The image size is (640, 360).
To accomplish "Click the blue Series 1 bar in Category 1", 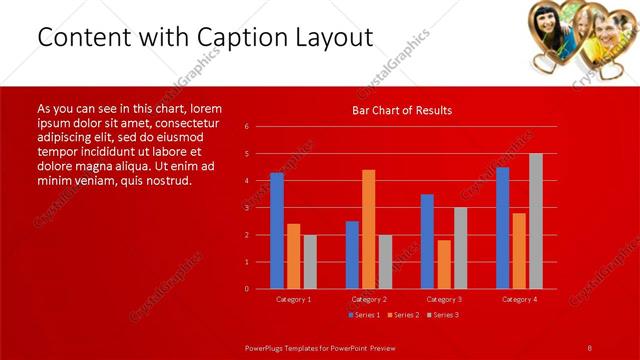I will tap(277, 231).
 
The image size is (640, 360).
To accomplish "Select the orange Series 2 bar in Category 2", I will tap(368, 229).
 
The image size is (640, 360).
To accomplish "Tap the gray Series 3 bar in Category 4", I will tap(535, 221).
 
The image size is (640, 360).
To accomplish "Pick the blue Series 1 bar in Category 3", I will tap(427, 241).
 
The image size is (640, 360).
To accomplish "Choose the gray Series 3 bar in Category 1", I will tap(310, 262).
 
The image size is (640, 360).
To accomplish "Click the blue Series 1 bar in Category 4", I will tap(502, 228).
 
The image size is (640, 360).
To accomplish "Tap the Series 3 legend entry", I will tap(441, 315).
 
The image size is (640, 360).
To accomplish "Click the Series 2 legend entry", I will tap(402, 315).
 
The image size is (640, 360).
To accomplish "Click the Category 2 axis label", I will tap(368, 299).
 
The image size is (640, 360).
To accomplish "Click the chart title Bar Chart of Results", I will tap(401, 110).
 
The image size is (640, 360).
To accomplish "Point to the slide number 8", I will tap(589, 347).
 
